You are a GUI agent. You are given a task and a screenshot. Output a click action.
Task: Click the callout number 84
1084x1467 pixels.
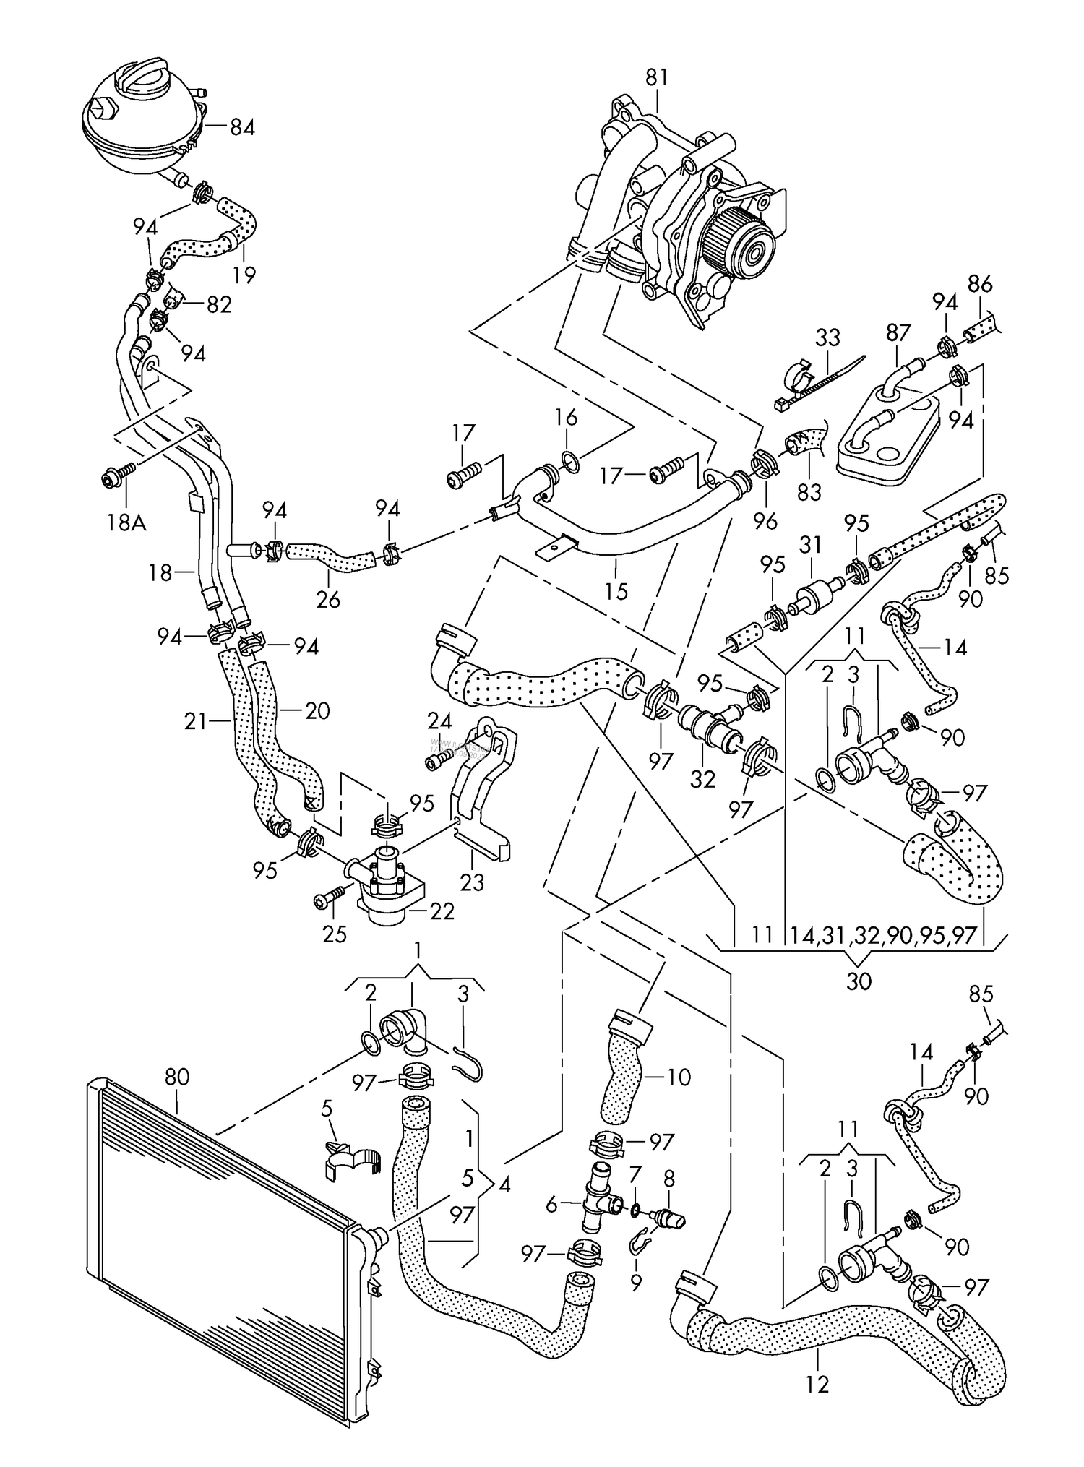tap(243, 128)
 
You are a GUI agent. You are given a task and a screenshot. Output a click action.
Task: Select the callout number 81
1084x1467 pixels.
tap(656, 77)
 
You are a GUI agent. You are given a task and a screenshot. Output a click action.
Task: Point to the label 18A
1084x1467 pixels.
tap(126, 522)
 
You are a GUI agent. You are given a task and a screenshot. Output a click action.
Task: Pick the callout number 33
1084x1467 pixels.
tap(827, 337)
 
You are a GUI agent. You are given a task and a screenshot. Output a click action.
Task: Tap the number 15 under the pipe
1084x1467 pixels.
tap(616, 591)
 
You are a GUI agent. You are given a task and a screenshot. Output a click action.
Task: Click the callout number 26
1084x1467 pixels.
tap(328, 599)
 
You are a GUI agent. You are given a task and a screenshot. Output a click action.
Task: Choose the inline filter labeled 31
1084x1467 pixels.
tap(814, 590)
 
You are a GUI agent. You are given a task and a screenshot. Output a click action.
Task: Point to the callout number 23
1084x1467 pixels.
tap(472, 882)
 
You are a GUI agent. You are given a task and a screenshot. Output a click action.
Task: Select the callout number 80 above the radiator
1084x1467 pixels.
tap(177, 1077)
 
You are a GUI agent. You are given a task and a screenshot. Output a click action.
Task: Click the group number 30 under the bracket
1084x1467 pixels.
tap(858, 981)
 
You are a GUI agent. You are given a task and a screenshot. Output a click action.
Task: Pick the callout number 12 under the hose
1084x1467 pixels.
tap(818, 1382)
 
